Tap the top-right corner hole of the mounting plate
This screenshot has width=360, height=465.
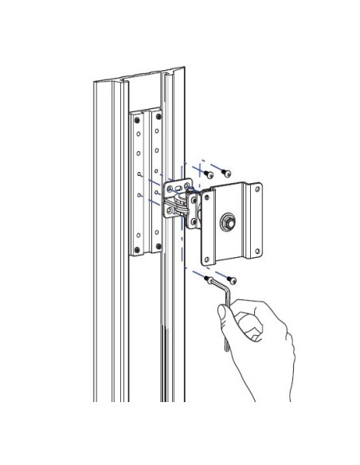pos(256,190)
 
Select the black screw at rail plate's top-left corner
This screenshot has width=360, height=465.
pos(136,117)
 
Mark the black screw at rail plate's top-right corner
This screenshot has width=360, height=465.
pos(157,116)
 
